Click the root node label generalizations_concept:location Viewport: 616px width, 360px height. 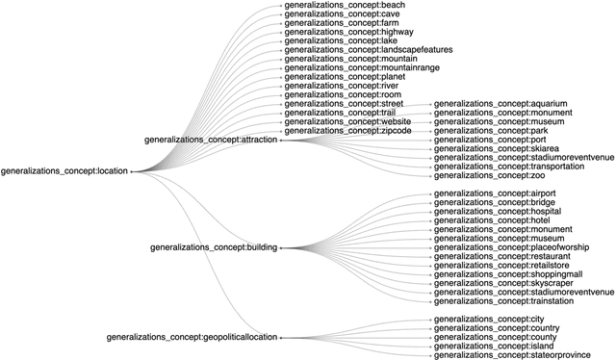[x=64, y=172]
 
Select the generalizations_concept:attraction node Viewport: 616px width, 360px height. [x=210, y=140]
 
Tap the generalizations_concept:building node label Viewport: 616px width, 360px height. [x=214, y=247]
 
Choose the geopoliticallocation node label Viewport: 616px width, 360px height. [x=192, y=338]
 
